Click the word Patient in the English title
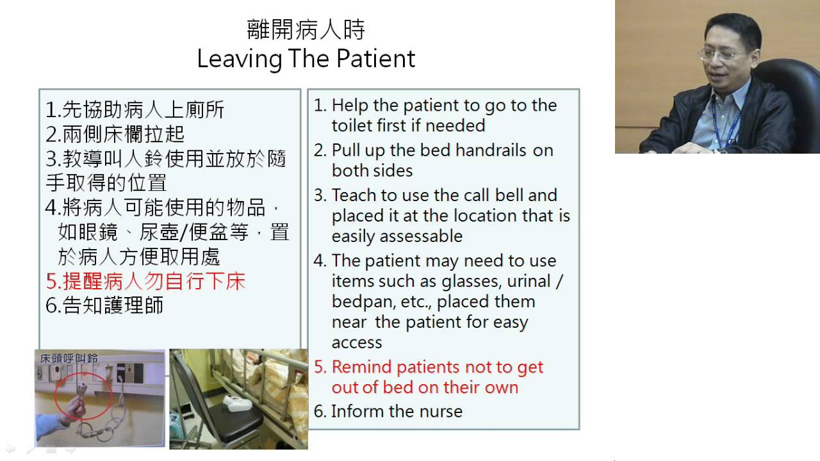coord(375,58)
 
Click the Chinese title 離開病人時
coord(306,29)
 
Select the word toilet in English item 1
coord(352,125)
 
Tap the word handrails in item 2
coord(491,150)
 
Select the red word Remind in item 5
coord(362,367)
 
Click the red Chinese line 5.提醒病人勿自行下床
coord(145,281)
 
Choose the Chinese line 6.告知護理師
coord(104,305)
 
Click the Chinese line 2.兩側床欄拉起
coord(115,134)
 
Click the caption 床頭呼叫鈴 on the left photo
coord(69,358)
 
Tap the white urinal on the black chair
coord(237,403)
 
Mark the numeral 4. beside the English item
coord(320,261)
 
